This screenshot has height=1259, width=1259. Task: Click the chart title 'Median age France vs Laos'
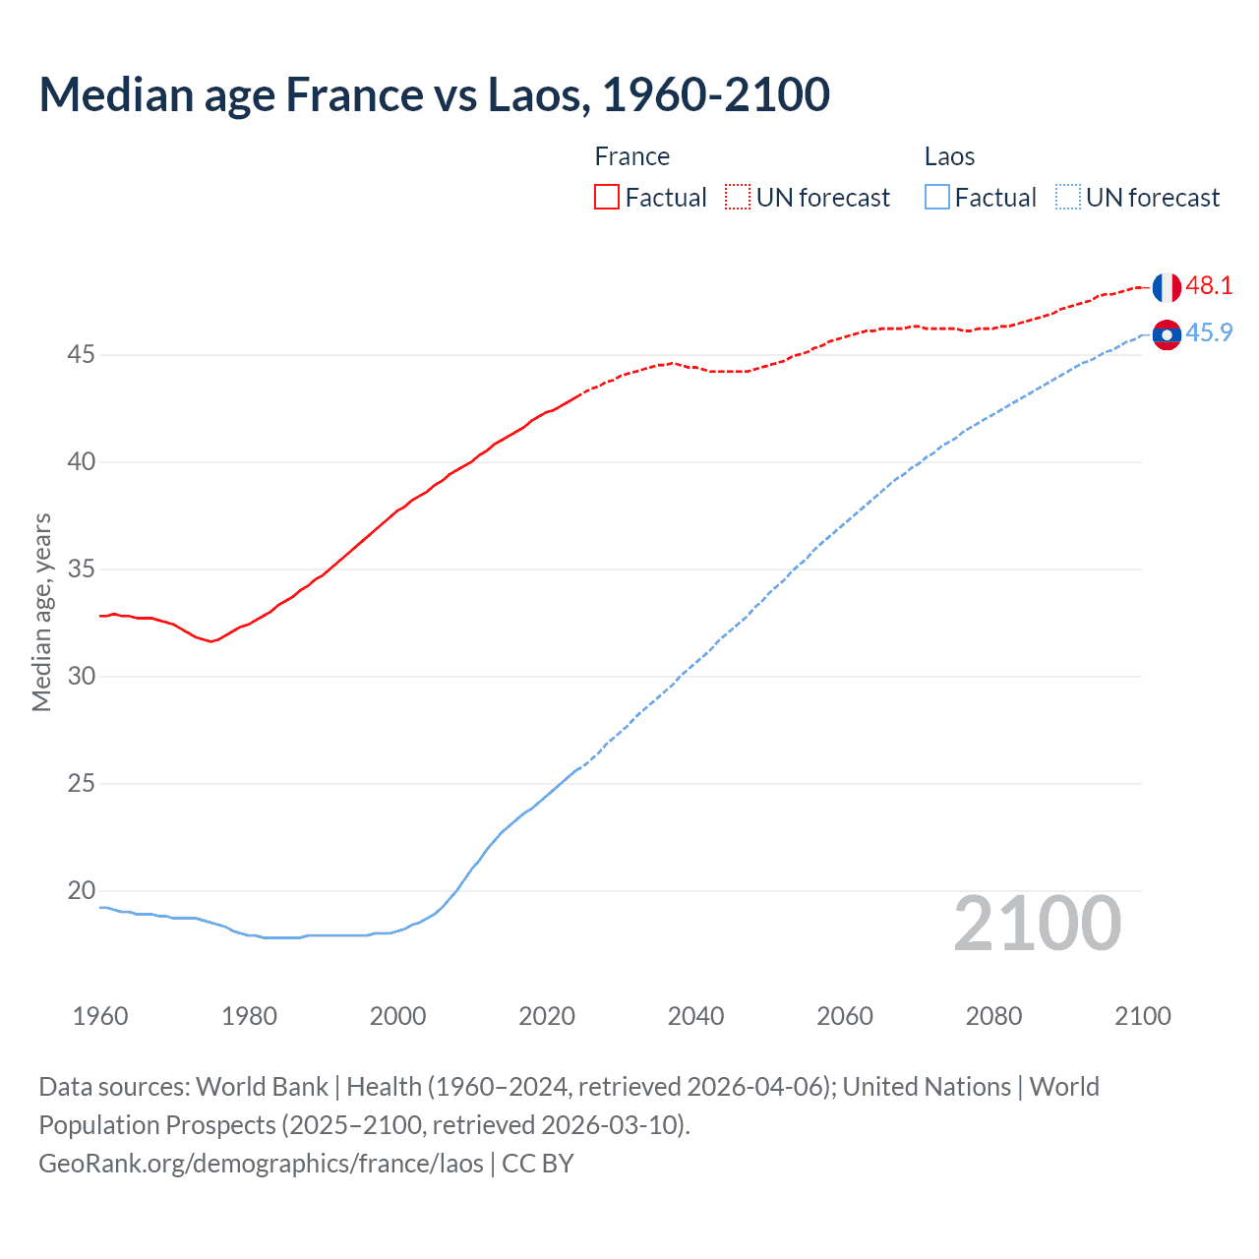[434, 95]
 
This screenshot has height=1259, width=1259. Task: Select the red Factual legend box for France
[607, 198]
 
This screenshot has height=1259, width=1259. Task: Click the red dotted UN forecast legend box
[738, 198]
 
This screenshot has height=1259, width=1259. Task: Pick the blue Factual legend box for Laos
[937, 198]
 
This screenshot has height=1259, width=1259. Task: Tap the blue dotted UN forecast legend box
[1068, 198]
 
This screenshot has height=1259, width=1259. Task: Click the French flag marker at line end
[1167, 287]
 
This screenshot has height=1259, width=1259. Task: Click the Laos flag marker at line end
[1167, 335]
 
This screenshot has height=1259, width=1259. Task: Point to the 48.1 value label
[1209, 286]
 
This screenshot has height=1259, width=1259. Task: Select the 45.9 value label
[1209, 333]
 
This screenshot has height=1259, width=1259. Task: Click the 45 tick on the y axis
[81, 354]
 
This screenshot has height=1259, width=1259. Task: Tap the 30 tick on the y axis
[81, 676]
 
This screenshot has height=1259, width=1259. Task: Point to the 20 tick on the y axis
[81, 890]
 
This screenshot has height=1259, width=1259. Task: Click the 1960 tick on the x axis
[100, 1016]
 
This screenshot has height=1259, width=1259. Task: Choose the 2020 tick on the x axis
[547, 1016]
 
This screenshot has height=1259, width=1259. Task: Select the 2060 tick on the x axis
[845, 1016]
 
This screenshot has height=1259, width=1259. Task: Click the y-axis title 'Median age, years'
[41, 612]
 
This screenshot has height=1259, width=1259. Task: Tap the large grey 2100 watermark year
[1037, 924]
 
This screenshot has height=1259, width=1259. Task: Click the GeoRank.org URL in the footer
[261, 1164]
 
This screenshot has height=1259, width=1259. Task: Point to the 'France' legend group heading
[632, 157]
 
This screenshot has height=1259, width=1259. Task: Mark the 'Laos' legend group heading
[949, 157]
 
